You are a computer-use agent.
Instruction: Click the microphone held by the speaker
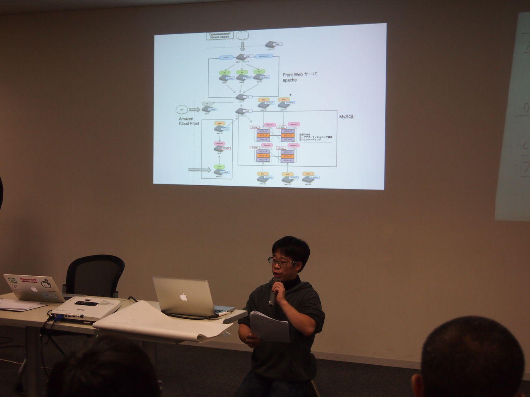274,292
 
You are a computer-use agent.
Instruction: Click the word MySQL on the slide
346,117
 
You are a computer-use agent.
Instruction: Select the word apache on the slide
290,80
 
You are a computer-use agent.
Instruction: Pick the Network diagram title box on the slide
220,35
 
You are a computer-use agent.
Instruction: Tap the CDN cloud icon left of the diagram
181,110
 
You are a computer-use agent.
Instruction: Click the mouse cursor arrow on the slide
296,94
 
